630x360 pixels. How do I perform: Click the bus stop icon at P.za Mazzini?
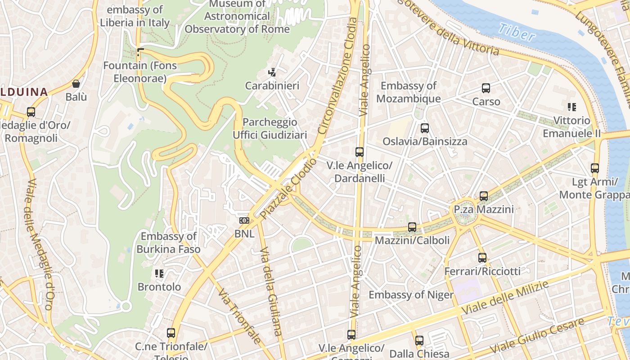(484, 196)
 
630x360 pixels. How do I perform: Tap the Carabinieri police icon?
(272, 72)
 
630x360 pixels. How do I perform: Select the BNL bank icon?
(244, 220)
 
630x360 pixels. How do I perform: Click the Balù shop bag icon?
(76, 84)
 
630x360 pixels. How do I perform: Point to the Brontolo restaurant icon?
(159, 273)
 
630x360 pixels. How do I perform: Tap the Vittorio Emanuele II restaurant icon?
(572, 107)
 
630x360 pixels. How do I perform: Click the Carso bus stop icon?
(486, 88)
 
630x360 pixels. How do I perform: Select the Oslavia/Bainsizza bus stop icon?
(425, 128)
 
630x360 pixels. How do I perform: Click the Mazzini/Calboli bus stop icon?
(412, 227)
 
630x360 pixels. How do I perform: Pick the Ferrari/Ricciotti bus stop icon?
(482, 258)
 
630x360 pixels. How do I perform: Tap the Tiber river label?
(517, 32)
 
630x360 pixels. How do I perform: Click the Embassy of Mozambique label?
(408, 92)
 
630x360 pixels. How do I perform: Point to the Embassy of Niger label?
(411, 295)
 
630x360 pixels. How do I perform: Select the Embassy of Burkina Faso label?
(169, 243)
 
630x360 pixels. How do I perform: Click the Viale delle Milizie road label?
(506, 298)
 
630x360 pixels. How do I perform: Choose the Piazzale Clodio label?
(288, 189)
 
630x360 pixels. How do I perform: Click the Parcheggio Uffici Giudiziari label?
(270, 128)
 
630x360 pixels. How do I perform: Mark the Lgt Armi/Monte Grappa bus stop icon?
(595, 168)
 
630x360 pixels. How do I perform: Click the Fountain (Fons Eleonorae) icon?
(140, 52)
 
